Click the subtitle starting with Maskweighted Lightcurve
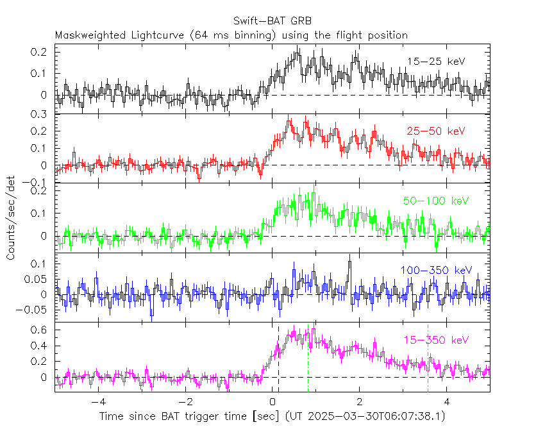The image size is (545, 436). tap(231, 35)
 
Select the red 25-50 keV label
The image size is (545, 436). tap(435, 131)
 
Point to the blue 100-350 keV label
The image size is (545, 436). tap(436, 270)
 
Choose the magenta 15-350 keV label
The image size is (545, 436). tap(436, 340)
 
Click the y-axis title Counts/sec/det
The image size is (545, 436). tap(11, 218)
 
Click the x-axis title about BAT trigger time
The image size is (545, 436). tap(272, 417)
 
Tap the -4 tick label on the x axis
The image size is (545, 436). tap(97, 403)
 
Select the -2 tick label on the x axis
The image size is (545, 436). tap(185, 403)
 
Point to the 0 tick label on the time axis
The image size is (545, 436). tap(272, 403)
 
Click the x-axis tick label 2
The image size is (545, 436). tap(360, 403)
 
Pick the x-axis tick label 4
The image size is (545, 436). tap(447, 403)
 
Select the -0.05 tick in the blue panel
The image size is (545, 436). tap(35, 310)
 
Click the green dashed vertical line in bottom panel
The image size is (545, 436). tap(308, 359)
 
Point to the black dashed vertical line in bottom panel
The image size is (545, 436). tap(278, 359)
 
